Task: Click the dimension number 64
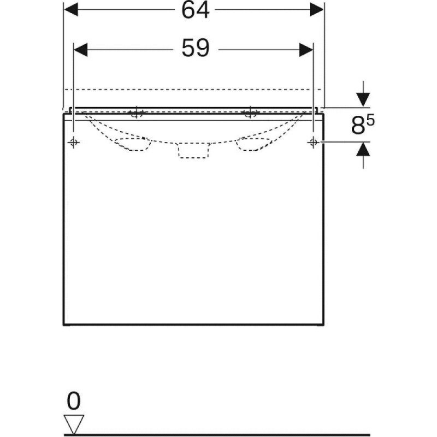[195, 10]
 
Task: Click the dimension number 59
[195, 48]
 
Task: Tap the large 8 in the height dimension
[358, 126]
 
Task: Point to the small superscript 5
[371, 120]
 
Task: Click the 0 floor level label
[74, 401]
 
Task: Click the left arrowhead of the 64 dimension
[71, 10]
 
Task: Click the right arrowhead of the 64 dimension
[317, 10]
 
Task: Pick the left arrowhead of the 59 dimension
[80, 50]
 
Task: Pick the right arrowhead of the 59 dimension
[306, 50]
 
